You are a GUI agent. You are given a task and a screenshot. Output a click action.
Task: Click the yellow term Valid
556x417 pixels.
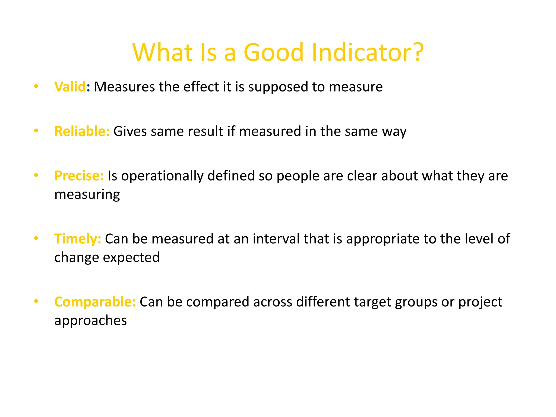point(70,87)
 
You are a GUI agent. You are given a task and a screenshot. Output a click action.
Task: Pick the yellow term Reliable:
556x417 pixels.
point(82,131)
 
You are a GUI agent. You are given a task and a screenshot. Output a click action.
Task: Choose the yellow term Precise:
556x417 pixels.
point(79,176)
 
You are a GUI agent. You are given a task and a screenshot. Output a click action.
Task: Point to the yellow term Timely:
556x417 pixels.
point(78,239)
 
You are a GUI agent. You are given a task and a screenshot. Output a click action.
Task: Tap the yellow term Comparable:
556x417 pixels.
point(95,302)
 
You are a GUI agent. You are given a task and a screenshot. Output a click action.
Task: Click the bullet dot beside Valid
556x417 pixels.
point(36,86)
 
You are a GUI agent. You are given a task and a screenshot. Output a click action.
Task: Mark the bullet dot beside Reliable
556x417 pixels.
point(36,131)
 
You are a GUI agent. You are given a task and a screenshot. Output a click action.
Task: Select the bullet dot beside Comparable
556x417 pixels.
point(36,301)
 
